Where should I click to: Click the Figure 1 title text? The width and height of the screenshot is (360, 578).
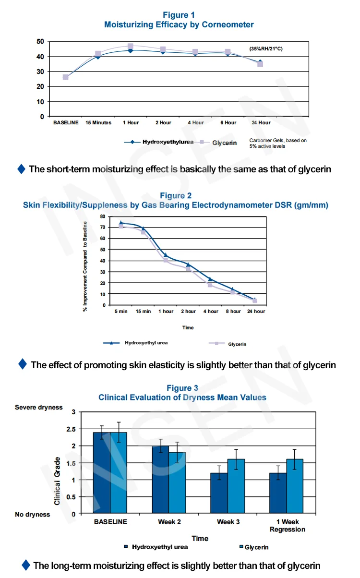[x=179, y=15]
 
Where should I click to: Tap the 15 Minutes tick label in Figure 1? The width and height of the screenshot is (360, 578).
[x=98, y=123]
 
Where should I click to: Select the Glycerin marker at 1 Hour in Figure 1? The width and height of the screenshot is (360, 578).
[x=130, y=47]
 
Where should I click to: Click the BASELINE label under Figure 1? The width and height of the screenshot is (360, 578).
[x=66, y=123]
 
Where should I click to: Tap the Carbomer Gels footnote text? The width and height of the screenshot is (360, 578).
[x=278, y=143]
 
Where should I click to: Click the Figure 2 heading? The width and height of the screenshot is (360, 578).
[x=176, y=195]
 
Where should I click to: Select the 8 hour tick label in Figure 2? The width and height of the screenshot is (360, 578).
[x=233, y=312]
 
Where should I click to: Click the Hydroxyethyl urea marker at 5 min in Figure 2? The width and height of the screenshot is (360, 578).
[x=121, y=223]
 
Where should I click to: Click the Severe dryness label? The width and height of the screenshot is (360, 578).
[x=39, y=408]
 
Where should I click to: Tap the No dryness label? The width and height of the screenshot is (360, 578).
[x=33, y=515]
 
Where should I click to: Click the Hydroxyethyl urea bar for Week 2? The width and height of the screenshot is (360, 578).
[x=161, y=480]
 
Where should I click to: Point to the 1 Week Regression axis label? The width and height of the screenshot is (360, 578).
[x=288, y=526]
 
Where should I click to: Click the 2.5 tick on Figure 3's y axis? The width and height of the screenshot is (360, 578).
[x=70, y=429]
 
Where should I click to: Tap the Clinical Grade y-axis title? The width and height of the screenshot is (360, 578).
[x=57, y=481]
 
